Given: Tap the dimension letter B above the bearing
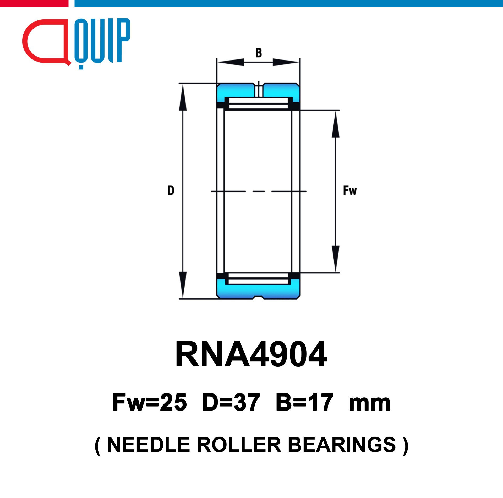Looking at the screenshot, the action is tap(259, 53).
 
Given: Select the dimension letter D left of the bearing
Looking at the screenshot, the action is tap(171, 190).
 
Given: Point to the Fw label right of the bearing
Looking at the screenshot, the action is tap(350, 191).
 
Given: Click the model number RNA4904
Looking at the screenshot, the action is tap(251, 354).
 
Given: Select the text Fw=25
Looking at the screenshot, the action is tap(150, 402).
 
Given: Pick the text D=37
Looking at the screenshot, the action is tap(231, 402).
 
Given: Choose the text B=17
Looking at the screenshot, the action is tap(304, 402).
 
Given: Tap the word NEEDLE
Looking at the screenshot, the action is tap(149, 445).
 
